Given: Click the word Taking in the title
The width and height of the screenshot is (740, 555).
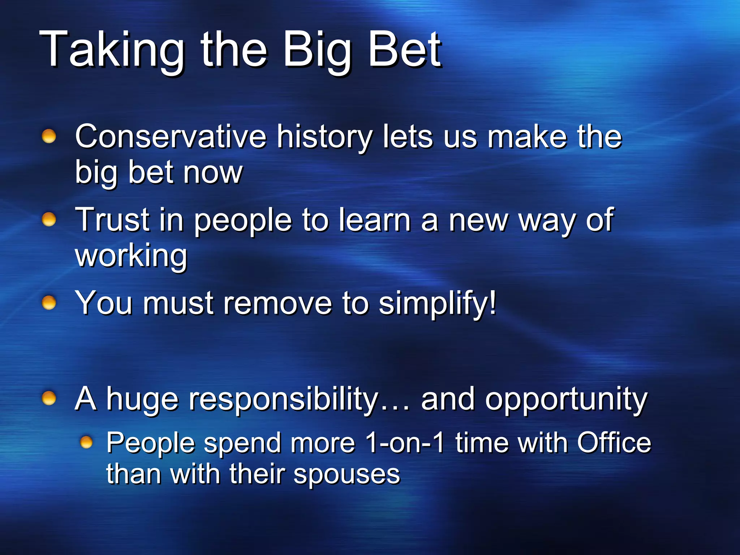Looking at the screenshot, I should click(x=112, y=50).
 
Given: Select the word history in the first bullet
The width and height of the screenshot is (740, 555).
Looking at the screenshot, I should click(x=324, y=137).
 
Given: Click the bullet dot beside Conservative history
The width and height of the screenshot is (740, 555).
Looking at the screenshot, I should click(x=49, y=137).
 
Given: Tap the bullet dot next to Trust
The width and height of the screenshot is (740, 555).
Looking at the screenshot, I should click(x=49, y=219).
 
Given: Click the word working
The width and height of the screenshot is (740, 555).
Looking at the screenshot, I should click(x=131, y=256).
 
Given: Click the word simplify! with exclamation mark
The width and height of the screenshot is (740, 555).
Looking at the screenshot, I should click(x=438, y=304).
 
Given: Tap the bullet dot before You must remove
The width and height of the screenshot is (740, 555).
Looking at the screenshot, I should click(x=49, y=303).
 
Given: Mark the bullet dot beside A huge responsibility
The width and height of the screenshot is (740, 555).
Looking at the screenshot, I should click(x=49, y=398).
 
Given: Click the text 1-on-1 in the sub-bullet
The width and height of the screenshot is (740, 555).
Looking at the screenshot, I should click(x=404, y=443).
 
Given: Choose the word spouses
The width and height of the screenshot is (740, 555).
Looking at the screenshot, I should click(x=347, y=475).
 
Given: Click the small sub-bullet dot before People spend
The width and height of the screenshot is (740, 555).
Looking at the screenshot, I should click(x=86, y=442).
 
